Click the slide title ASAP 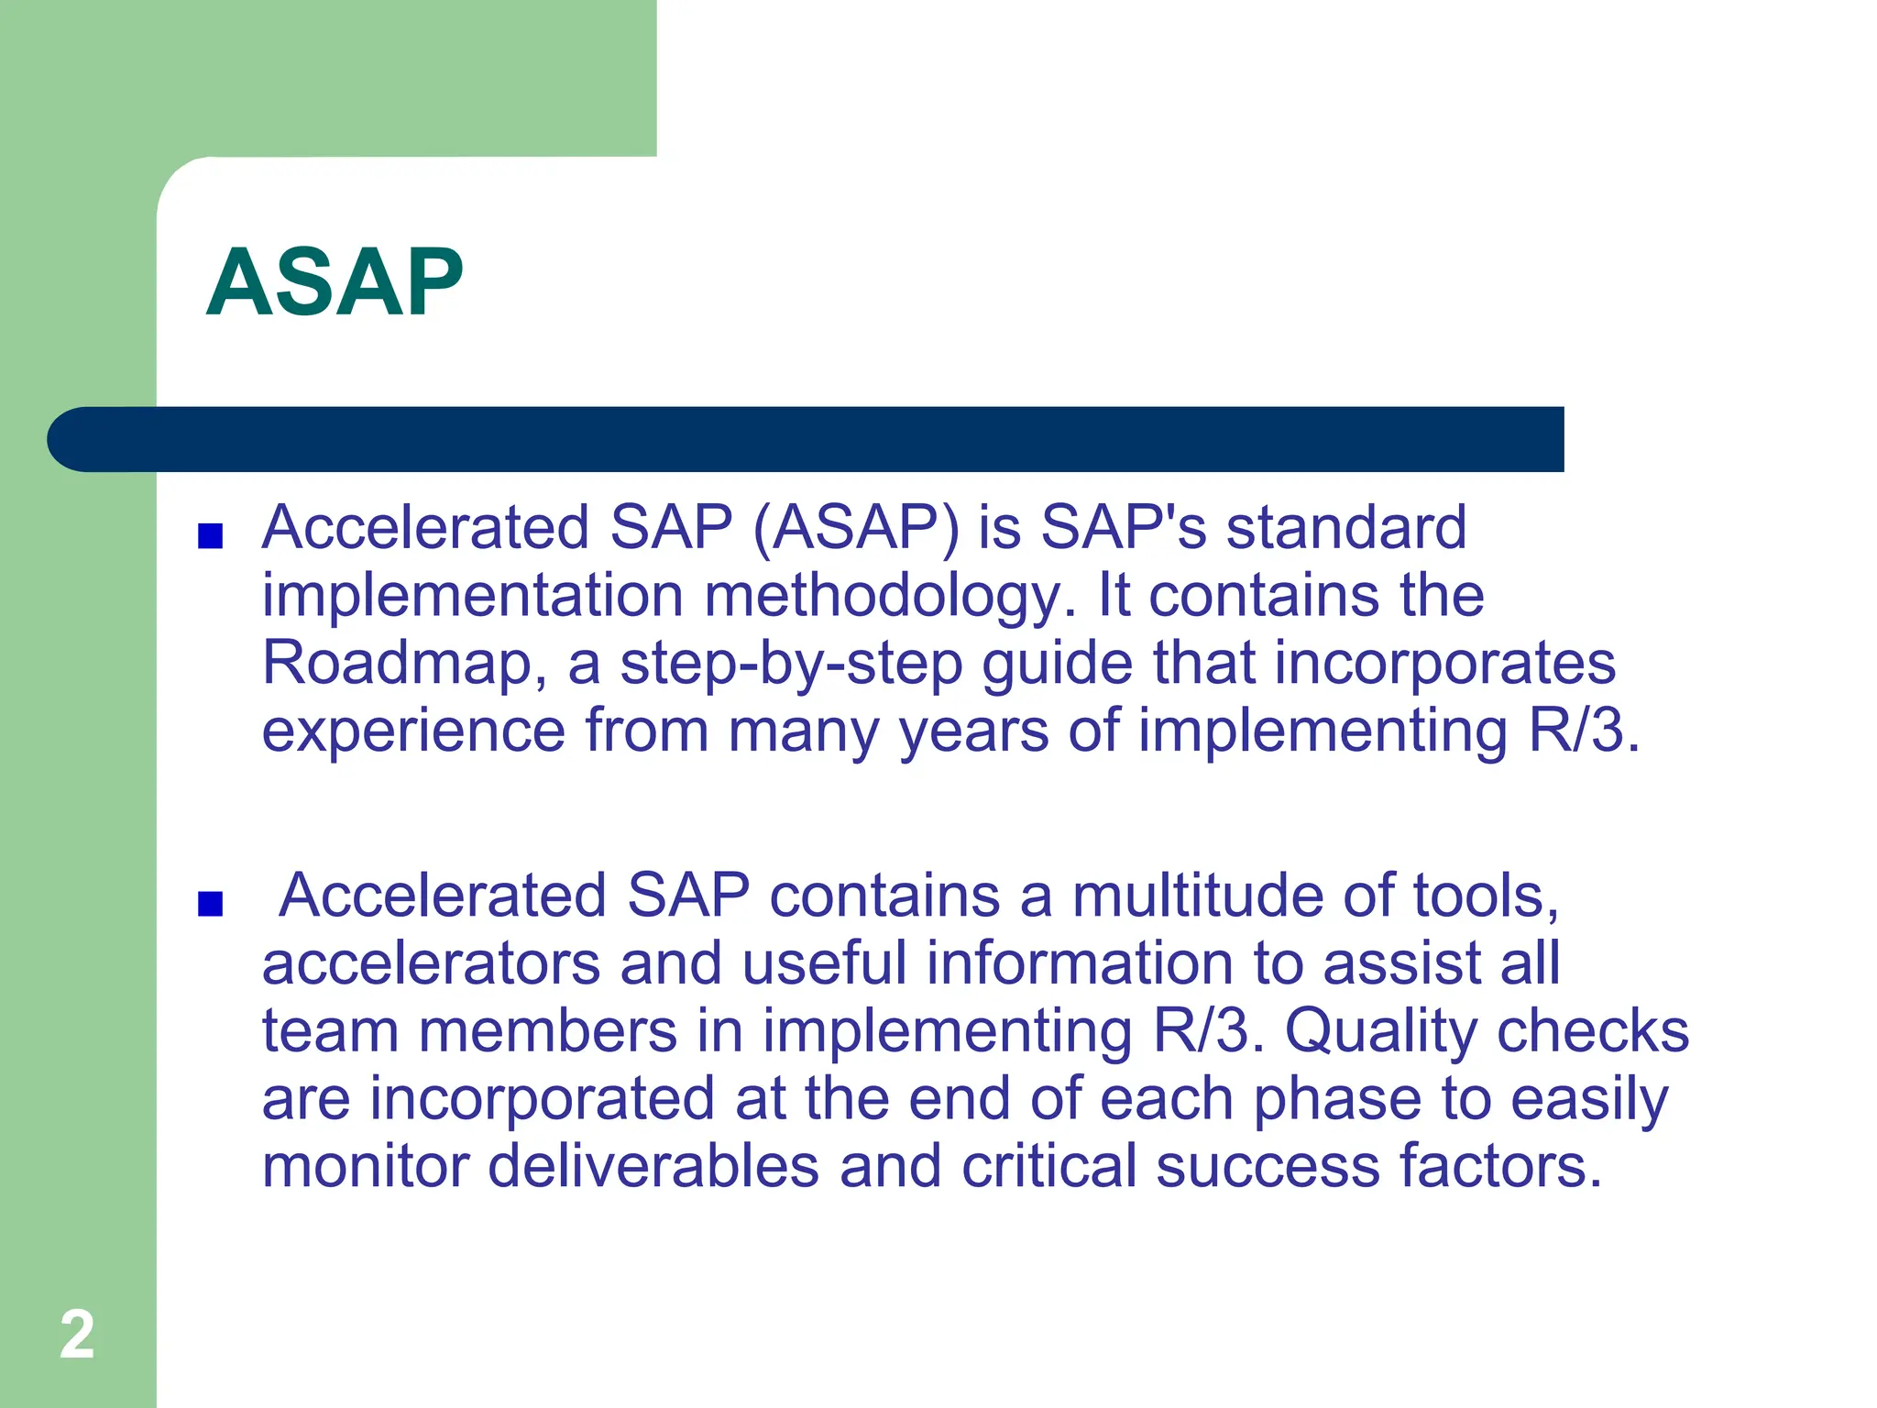335,283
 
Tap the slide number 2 77,1335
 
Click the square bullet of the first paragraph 210,535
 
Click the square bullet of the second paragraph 210,904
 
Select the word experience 413,731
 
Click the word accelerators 431,964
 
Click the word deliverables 653,1167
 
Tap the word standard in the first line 1346,528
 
